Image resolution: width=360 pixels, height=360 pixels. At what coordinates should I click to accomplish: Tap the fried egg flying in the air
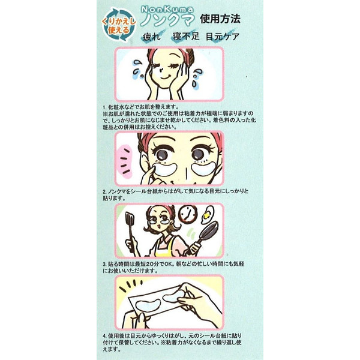208,212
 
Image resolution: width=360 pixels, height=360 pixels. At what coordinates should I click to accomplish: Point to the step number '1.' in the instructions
104,107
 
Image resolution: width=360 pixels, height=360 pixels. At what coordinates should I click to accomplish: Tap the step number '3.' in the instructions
104,263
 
